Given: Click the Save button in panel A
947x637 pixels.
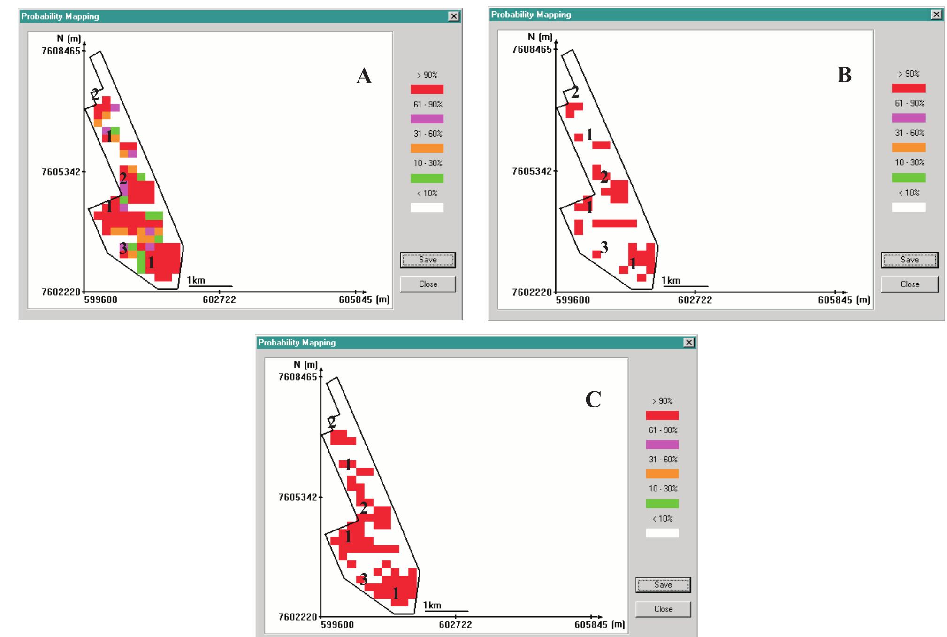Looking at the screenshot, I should coord(428,260).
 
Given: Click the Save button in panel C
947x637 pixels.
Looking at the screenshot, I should coord(663,585).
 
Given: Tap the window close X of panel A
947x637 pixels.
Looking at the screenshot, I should coord(453,16).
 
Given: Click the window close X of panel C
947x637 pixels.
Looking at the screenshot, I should coord(688,343).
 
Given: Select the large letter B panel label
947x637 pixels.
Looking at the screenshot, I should coord(844,75).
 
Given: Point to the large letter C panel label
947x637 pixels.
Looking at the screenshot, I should coord(593,400).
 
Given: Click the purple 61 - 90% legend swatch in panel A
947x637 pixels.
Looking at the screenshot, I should coord(427,119).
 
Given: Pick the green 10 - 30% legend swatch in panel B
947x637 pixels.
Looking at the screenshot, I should coord(909,177).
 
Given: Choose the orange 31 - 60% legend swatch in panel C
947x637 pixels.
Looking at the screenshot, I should coord(662,474).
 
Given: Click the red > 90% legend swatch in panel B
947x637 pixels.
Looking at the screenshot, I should coord(909,88).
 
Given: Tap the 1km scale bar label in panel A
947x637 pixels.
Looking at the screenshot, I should coord(197,281).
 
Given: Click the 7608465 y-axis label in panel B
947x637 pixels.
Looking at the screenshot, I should coord(532,49).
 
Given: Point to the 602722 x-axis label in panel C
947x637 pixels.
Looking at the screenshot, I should coord(455,624).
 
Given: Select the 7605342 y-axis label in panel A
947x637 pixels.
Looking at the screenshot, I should coord(61,172).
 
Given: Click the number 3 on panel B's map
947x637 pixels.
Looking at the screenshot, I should coord(604,246).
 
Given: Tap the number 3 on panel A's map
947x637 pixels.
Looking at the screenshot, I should coord(123,248).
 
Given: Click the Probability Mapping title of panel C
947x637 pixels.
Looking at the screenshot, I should coord(297,343).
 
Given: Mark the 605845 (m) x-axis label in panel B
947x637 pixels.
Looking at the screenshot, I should coord(844,300).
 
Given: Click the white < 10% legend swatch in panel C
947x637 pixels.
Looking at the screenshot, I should coord(662,533).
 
